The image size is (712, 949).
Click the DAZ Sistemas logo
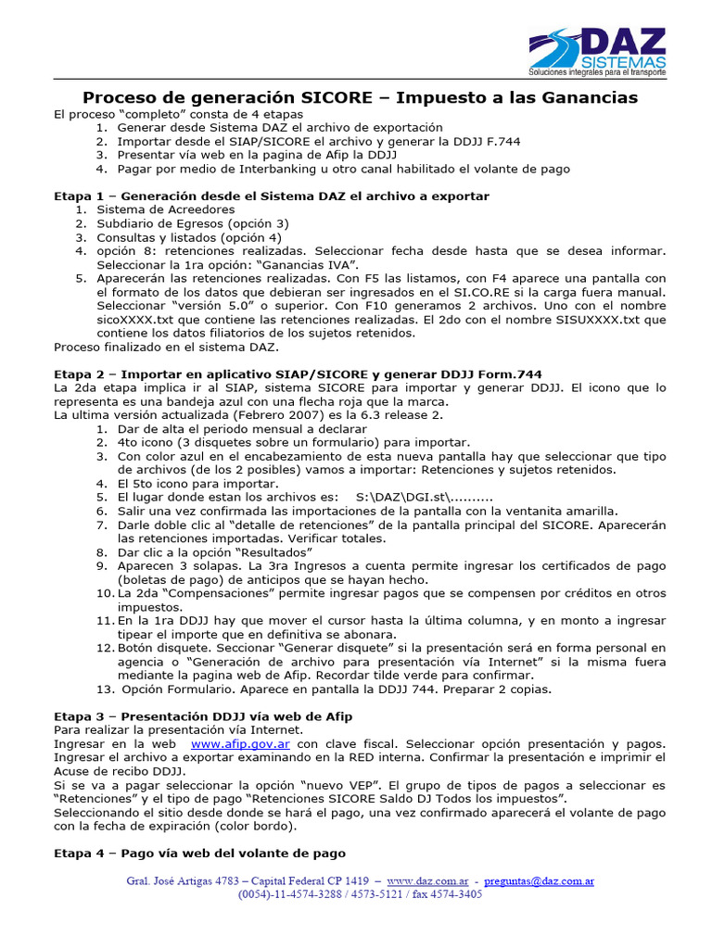(597, 52)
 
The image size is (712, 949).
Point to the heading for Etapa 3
(203, 716)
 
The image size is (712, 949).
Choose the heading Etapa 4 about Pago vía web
(199, 853)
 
